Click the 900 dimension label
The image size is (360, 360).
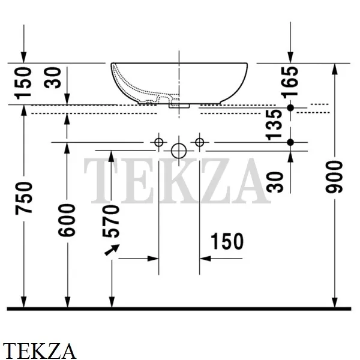[334, 177]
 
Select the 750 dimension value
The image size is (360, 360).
[23, 198]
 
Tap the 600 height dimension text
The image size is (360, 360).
[67, 220]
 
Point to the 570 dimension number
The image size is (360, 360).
[111, 221]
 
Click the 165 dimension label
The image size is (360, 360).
[290, 82]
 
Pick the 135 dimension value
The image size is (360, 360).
[274, 124]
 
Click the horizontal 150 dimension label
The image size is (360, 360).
[227, 241]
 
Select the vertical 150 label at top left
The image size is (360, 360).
[23, 83]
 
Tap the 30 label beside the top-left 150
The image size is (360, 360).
[53, 77]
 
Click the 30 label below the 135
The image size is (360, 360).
[275, 182]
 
